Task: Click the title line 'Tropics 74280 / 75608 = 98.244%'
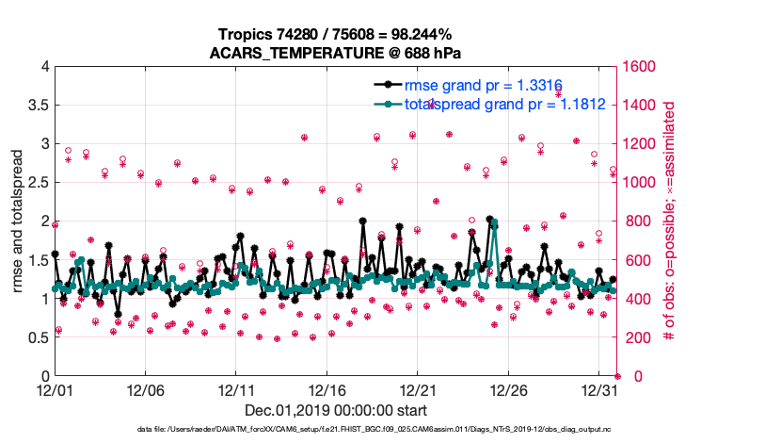[x=337, y=36]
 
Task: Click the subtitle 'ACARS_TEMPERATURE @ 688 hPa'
[x=337, y=53]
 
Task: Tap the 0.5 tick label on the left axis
[x=37, y=337]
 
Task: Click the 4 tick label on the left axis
[x=44, y=67]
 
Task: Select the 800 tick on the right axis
[x=636, y=221]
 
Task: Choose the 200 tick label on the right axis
[x=636, y=337]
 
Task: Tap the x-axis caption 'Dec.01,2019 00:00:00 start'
[x=336, y=410]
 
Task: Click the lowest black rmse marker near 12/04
[x=118, y=314]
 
